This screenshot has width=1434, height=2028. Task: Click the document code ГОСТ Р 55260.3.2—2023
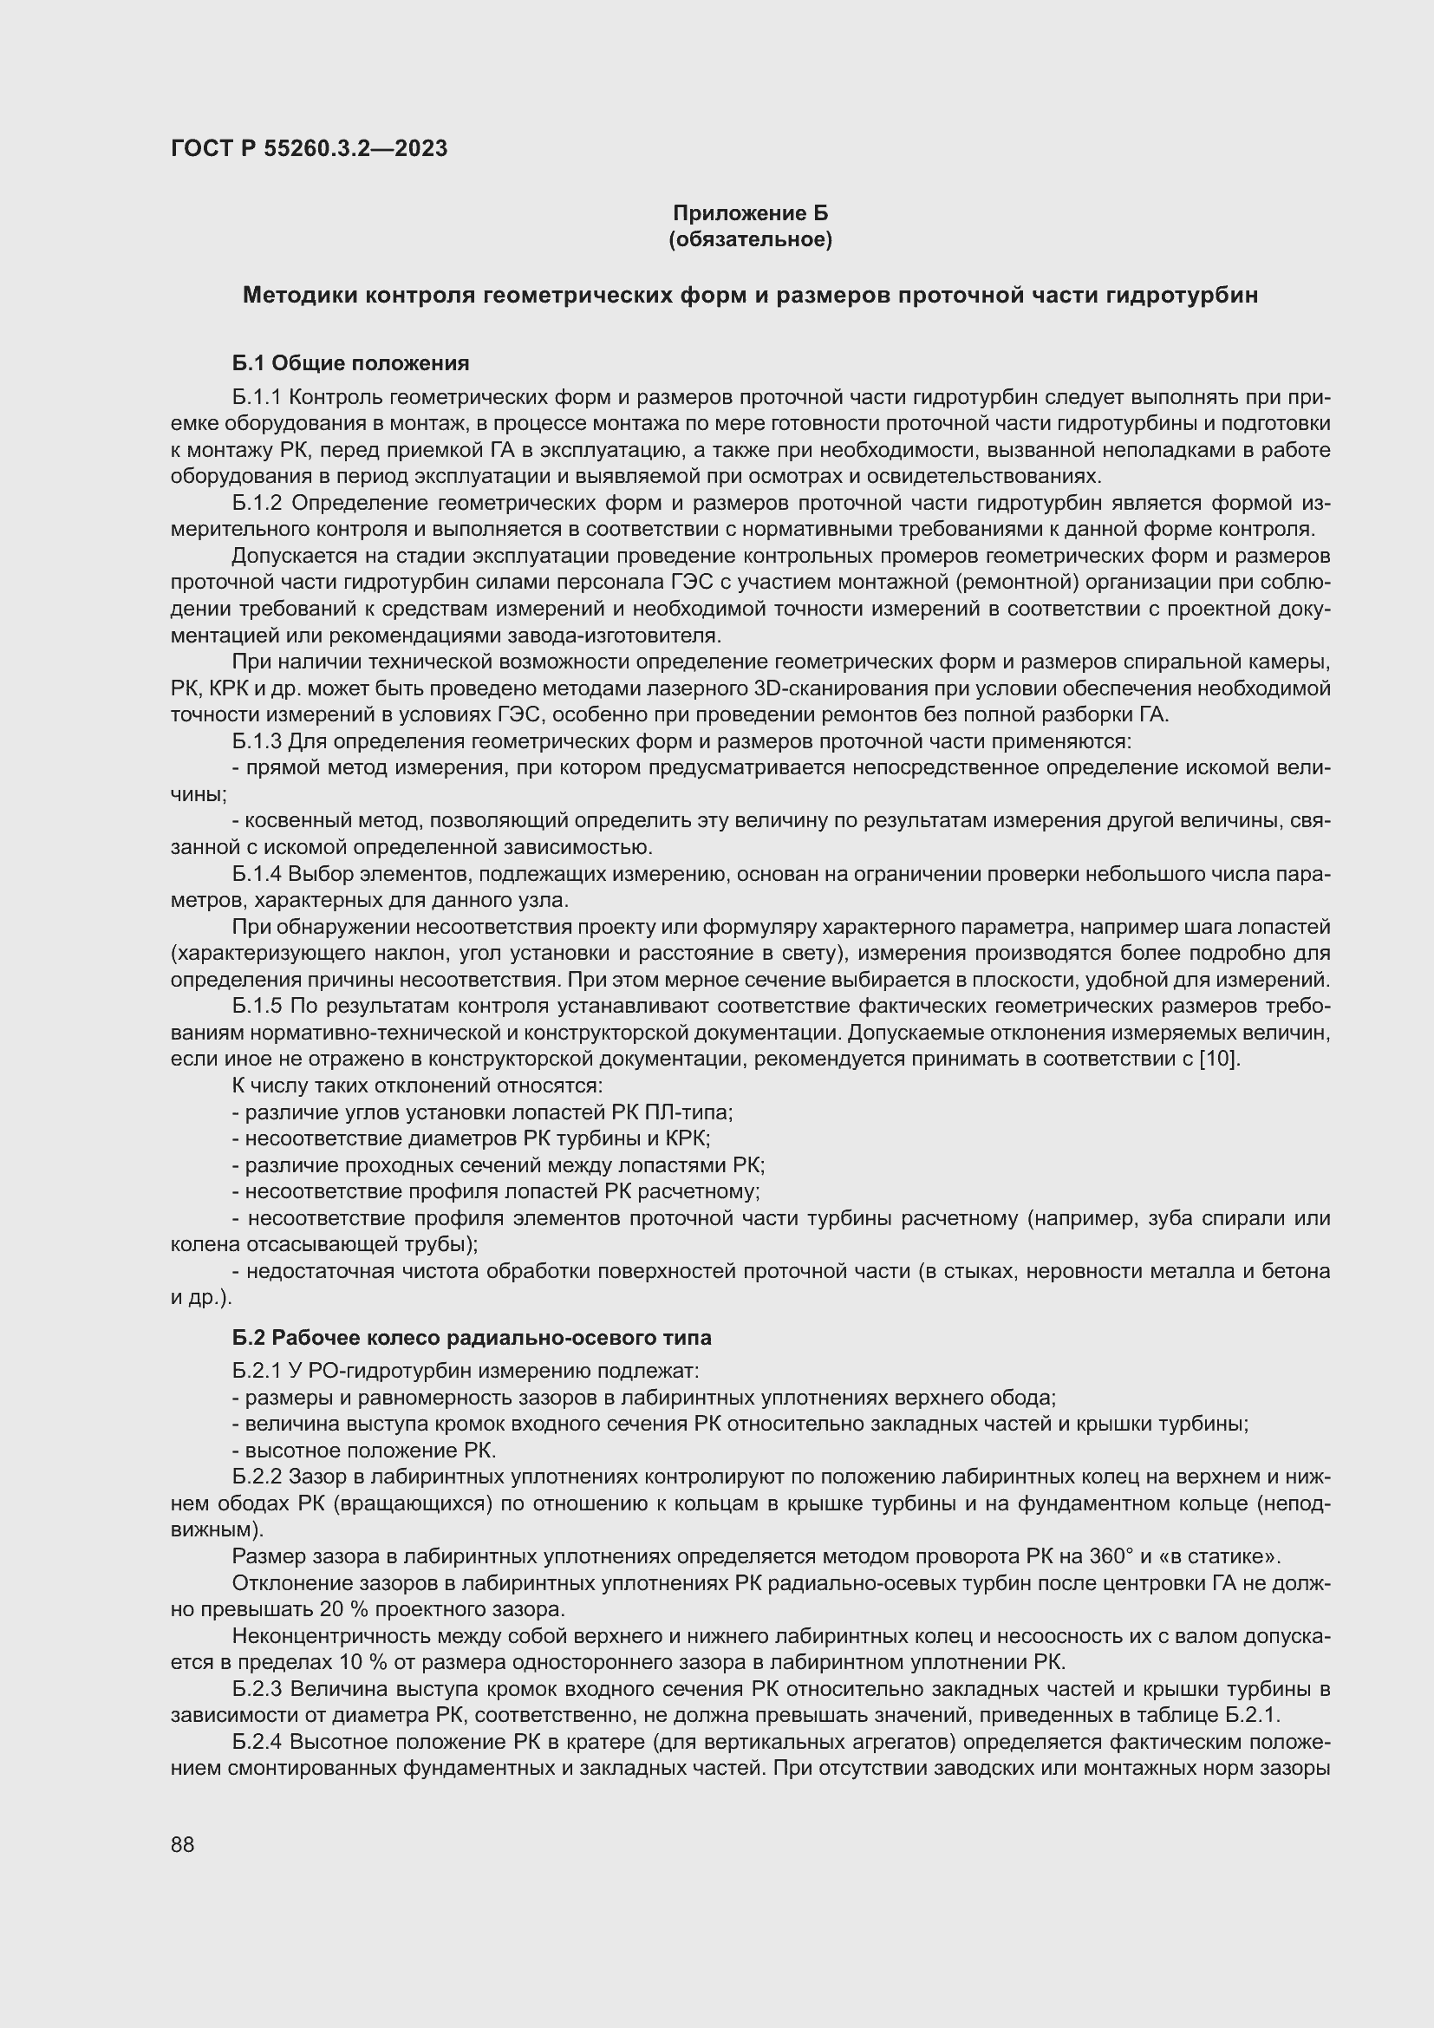[309, 148]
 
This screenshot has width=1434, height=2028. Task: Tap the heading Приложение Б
[751, 213]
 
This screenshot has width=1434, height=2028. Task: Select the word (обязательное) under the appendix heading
[751, 239]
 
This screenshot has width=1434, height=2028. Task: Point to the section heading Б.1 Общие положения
[350, 363]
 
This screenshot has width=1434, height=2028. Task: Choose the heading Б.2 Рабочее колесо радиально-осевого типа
[472, 1337]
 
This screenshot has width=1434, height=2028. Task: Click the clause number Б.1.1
[256, 397]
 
